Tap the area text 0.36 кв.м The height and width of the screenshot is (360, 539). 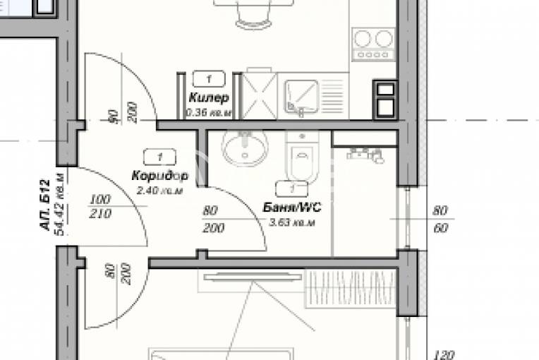(x=208, y=112)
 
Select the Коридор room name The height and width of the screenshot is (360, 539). (x=159, y=175)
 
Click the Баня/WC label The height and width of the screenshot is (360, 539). (x=292, y=208)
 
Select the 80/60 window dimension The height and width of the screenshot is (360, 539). (x=440, y=219)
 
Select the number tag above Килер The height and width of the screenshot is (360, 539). (x=209, y=79)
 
